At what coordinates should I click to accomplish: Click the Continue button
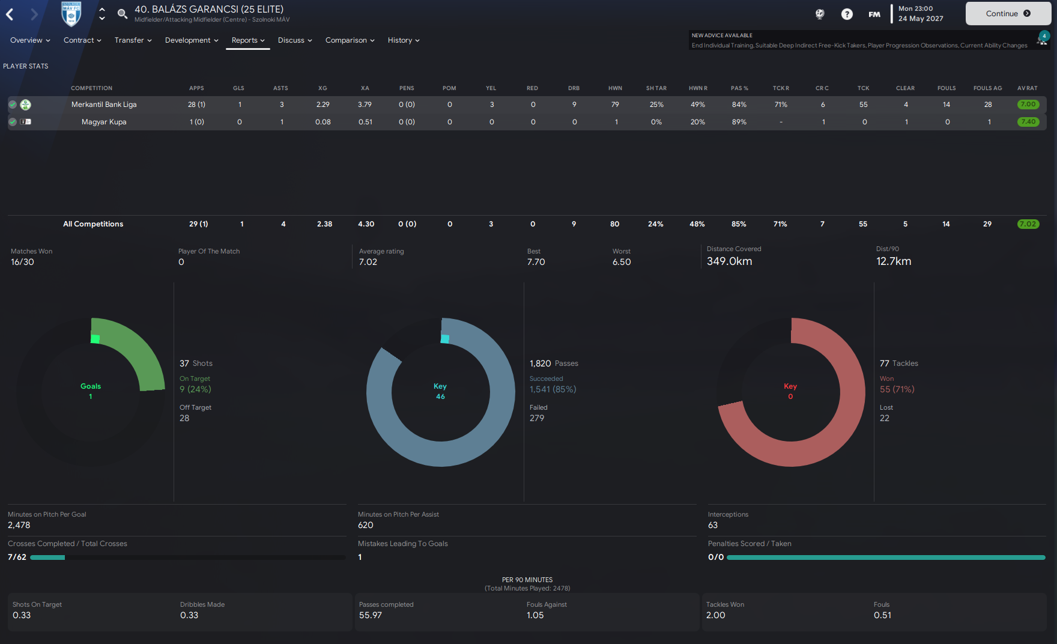[1008, 13]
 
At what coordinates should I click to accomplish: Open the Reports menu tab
[248, 40]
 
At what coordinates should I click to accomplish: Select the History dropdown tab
[404, 40]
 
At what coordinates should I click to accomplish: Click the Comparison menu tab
[350, 40]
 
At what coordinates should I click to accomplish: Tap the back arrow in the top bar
[10, 14]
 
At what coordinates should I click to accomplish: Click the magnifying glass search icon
[122, 14]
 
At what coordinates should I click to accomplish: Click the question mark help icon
[847, 14]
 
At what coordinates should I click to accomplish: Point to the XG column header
[323, 88]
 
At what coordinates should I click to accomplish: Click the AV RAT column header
[1028, 88]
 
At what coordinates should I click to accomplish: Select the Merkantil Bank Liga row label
[104, 105]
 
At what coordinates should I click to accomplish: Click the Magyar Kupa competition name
[104, 122]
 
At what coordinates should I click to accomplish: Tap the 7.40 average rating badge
[1028, 122]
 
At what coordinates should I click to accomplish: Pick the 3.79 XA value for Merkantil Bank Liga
[365, 105]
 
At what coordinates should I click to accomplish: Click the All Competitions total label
[93, 224]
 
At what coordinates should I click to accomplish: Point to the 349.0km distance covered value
[730, 261]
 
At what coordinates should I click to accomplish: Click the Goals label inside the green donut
[91, 386]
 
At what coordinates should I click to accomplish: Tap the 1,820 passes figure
[541, 363]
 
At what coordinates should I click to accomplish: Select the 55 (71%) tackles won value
[897, 389]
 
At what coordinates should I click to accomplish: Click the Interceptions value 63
[713, 525]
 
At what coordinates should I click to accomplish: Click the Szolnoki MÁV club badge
[71, 14]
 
